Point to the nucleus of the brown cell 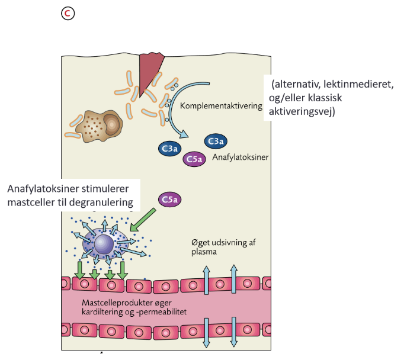click(111, 123)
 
